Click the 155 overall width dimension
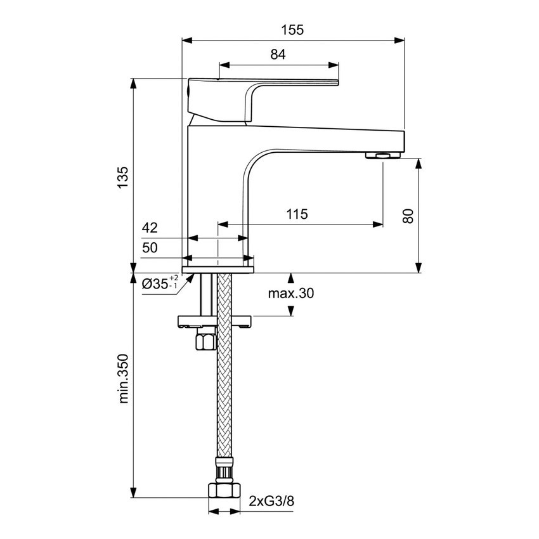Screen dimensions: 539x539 [x=293, y=29]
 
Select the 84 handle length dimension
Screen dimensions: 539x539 [x=278, y=55]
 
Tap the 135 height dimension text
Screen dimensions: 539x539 [x=123, y=177]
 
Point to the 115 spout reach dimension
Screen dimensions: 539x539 [x=297, y=214]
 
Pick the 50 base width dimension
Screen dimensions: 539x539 [x=150, y=248]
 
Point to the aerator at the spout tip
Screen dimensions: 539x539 [x=383, y=156]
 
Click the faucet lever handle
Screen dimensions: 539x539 [x=266, y=89]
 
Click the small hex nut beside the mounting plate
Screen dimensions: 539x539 [x=207, y=341]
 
